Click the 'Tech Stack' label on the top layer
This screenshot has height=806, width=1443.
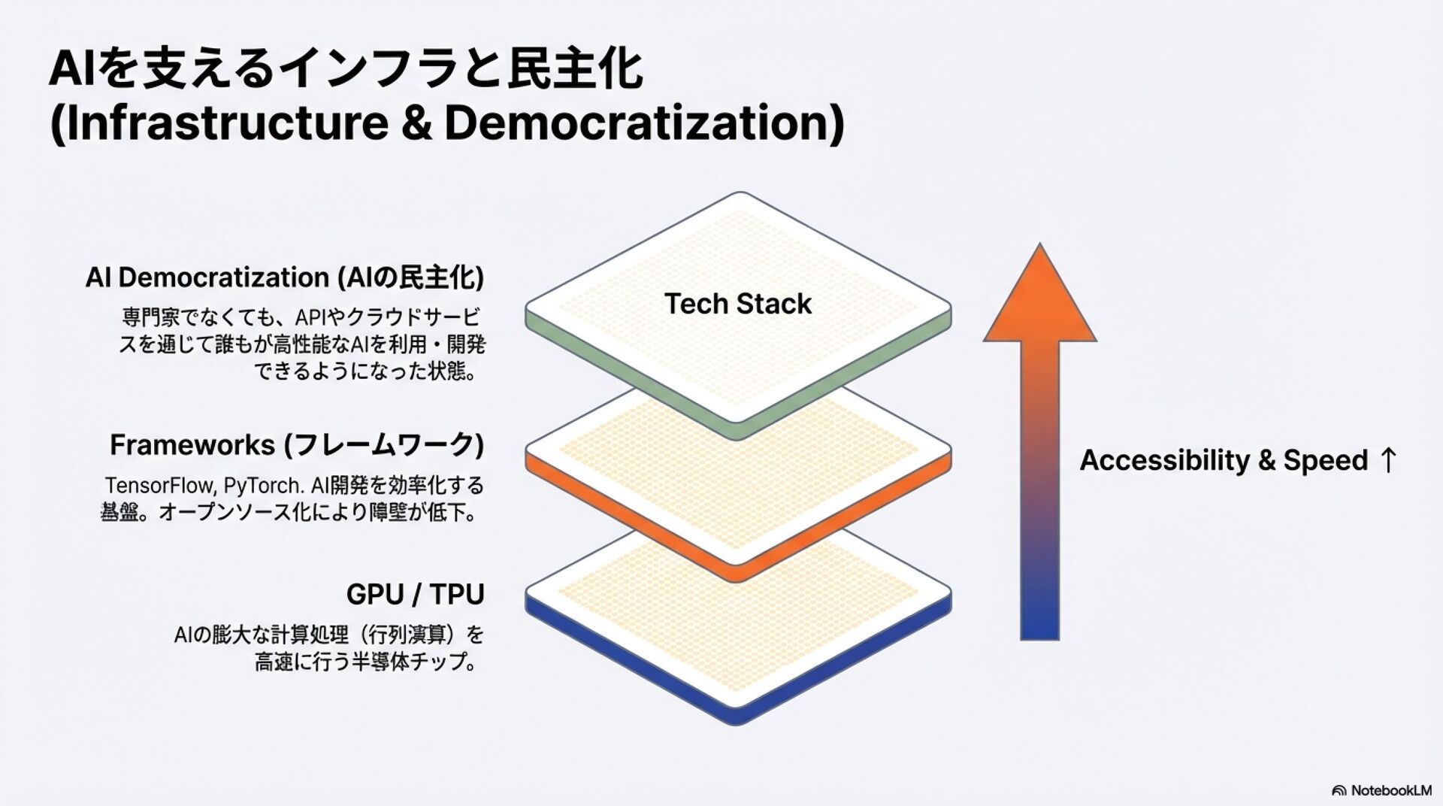click(x=737, y=304)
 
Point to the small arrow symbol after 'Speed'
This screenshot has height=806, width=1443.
click(x=1388, y=460)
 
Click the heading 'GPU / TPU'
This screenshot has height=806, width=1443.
click(x=415, y=594)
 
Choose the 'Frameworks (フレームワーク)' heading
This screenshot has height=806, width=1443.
click(x=297, y=444)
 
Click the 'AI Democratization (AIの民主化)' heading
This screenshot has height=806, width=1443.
click(x=284, y=277)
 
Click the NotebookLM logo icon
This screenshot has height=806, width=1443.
click(x=1339, y=790)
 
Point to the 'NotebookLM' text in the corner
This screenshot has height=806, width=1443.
click(x=1391, y=790)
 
